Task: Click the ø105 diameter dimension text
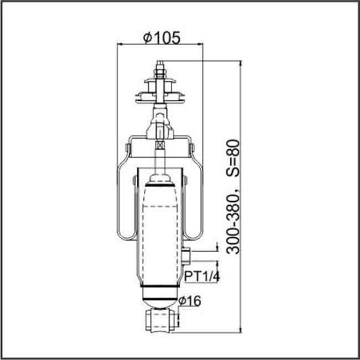tap(161, 37)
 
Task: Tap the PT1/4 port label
tap(200, 277)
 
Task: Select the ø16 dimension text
tap(191, 301)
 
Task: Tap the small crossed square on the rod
tap(160, 144)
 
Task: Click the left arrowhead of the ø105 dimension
tap(120, 44)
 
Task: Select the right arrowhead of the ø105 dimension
tap(202, 44)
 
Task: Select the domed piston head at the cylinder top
tap(160, 179)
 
